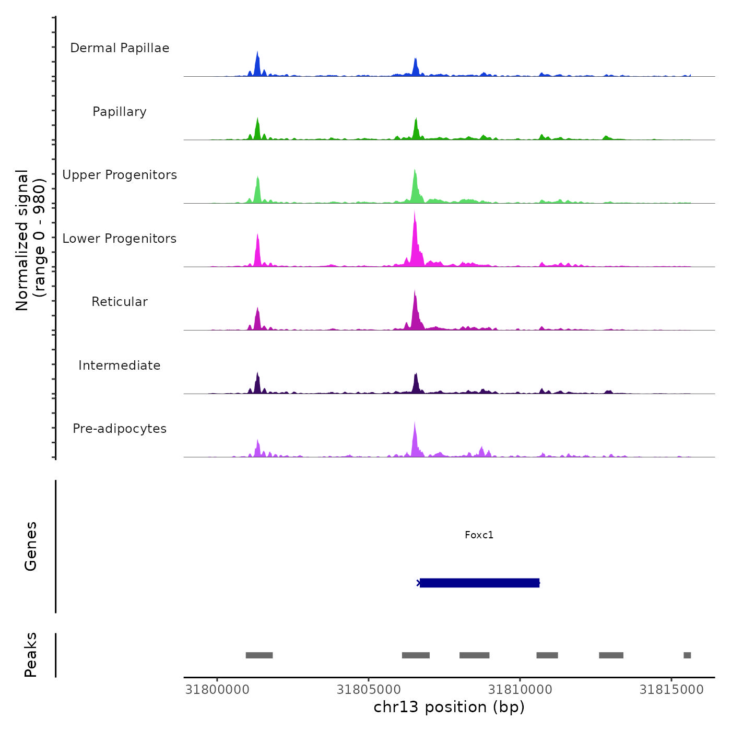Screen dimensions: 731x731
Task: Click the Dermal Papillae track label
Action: tap(120, 48)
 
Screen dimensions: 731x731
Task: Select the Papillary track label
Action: tap(120, 112)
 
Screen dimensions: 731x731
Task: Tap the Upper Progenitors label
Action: tap(120, 175)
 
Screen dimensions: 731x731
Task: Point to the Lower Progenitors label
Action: tap(120, 239)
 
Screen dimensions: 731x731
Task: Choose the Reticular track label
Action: tap(120, 302)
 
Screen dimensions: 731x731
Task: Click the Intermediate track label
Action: tap(120, 365)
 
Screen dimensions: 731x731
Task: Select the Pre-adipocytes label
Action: tap(120, 429)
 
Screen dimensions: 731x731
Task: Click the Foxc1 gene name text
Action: tap(479, 535)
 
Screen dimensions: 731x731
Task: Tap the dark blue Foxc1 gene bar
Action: tap(479, 583)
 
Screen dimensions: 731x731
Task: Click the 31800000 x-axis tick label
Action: tap(217, 690)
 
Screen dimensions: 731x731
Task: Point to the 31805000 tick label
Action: tap(369, 690)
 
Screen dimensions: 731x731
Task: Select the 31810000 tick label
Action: tap(520, 690)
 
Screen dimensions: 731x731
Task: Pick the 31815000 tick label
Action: tap(671, 690)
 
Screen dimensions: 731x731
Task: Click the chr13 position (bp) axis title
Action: tap(449, 707)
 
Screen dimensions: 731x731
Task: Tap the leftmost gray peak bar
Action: tap(259, 655)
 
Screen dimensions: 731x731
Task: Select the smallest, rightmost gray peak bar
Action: tap(687, 655)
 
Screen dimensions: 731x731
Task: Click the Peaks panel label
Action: tap(30, 655)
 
